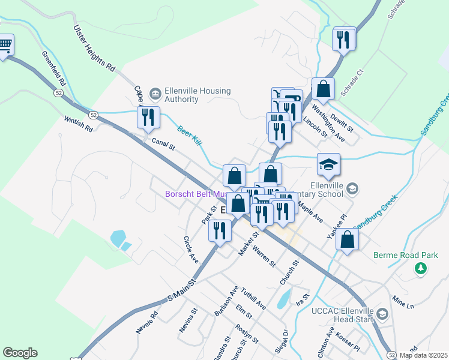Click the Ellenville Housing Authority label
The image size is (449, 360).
(x=190, y=95)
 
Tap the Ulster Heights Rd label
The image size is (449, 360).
(x=94, y=49)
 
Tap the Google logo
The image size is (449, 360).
(x=20, y=353)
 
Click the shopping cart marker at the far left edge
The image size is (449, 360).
(x=5, y=46)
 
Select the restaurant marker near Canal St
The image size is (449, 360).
(x=149, y=117)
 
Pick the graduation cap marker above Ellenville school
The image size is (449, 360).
(x=328, y=164)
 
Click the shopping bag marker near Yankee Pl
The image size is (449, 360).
(x=348, y=240)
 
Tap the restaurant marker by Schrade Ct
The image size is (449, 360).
(x=343, y=40)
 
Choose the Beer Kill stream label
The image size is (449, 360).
(x=189, y=135)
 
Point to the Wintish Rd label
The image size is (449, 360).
(x=79, y=124)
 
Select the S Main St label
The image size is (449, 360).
(x=182, y=289)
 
